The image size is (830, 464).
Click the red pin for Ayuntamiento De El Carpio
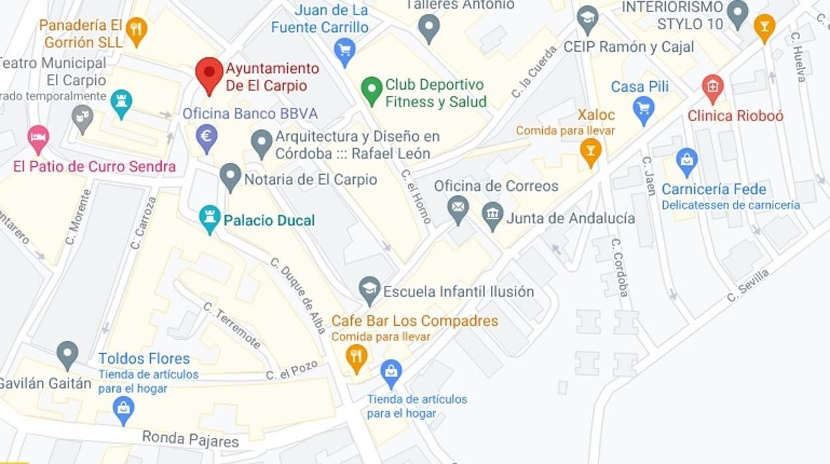[x=209, y=73]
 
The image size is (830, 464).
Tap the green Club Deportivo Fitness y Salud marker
[x=371, y=89]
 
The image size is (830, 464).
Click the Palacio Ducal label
[x=269, y=220]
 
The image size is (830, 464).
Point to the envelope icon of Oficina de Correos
[x=458, y=208]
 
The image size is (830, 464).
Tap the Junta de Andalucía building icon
[x=492, y=215]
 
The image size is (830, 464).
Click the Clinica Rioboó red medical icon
[x=712, y=87]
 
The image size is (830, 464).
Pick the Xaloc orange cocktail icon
[x=590, y=150]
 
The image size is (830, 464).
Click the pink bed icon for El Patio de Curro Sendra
[x=39, y=138]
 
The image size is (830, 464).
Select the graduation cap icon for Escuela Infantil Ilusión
[x=369, y=290]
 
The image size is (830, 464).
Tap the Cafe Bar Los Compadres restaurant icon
[x=356, y=357]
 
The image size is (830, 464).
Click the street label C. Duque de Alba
[x=298, y=295]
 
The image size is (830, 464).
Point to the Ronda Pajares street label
[x=190, y=439]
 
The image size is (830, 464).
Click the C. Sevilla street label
[x=748, y=285]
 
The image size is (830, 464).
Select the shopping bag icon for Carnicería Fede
[x=686, y=160]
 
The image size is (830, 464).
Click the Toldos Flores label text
[x=144, y=359]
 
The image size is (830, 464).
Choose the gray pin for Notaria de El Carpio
[x=230, y=176]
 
